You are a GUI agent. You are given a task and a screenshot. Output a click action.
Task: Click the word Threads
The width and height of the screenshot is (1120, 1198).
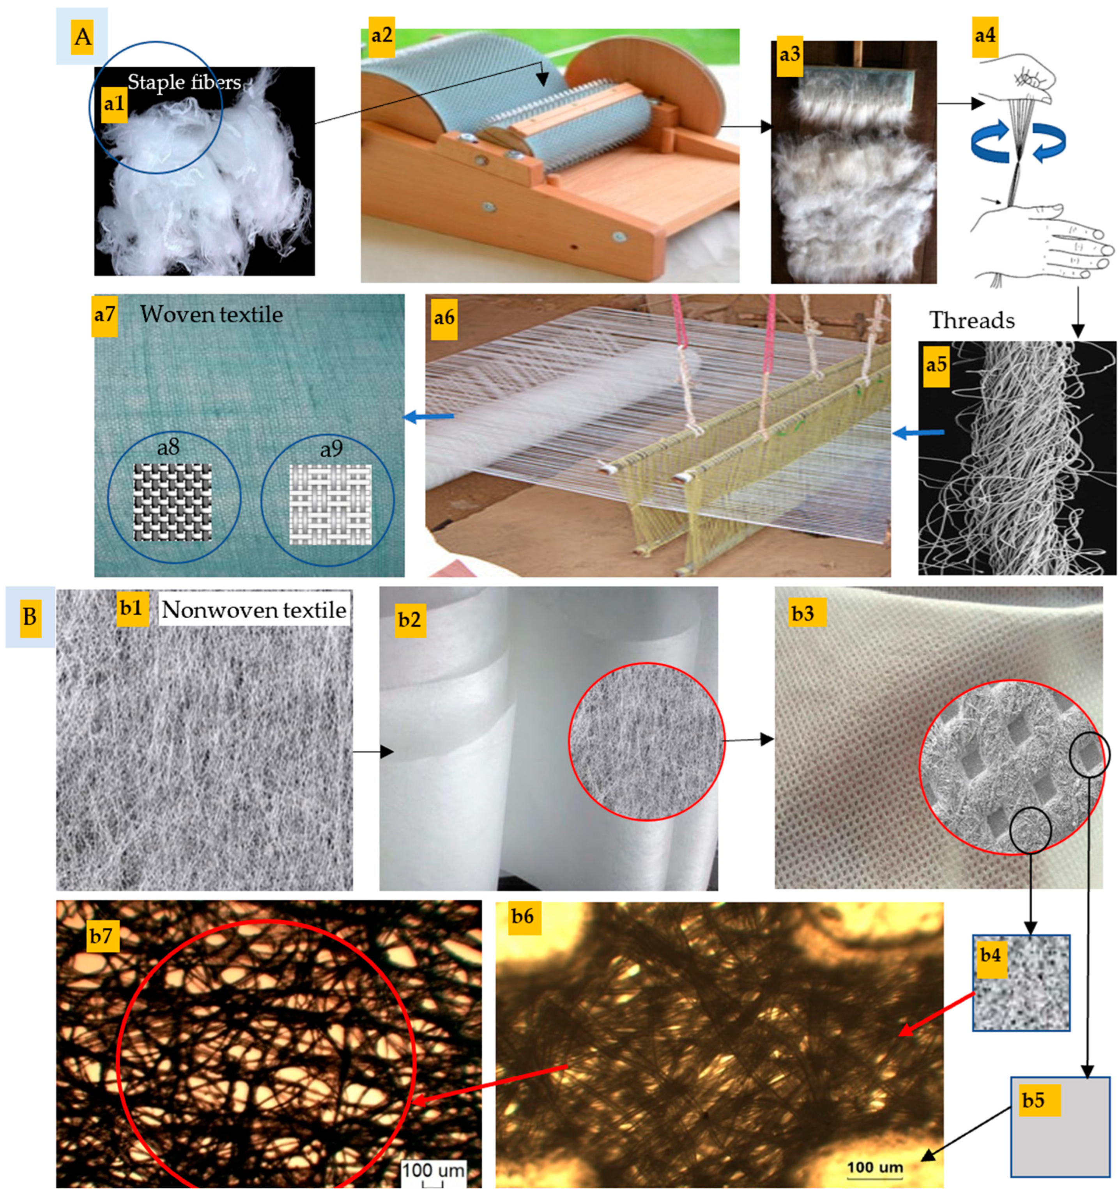pos(972,321)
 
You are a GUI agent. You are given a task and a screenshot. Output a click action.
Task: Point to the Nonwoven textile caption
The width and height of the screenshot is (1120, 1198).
pos(254,610)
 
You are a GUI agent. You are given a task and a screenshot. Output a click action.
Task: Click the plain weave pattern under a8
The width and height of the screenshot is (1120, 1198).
pos(172,502)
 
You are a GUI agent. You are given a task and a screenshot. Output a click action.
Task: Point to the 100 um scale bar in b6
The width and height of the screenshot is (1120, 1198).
pos(875,1170)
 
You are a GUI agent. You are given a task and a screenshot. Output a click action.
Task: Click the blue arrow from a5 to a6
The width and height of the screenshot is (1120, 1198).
pos(918,432)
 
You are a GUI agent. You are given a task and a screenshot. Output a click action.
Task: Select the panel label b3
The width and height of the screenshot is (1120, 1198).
pos(803,613)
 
